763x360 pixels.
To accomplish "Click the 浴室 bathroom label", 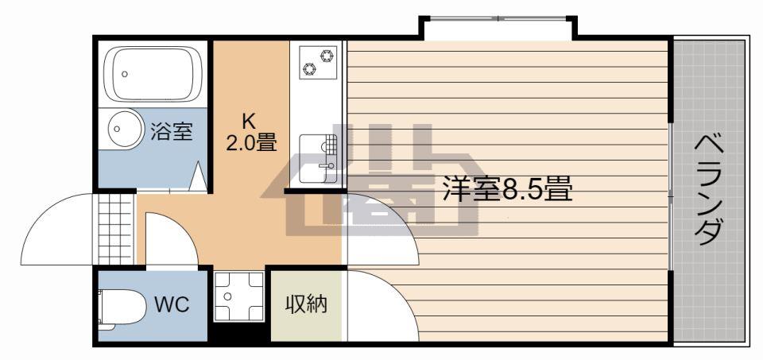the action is tap(172, 131).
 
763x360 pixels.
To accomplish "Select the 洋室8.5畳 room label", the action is tap(507, 189).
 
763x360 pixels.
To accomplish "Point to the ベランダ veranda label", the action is tap(707, 190).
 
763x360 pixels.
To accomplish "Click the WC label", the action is tap(172, 305).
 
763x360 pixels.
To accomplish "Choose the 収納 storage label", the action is tap(306, 304).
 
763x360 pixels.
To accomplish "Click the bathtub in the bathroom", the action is tap(153, 74).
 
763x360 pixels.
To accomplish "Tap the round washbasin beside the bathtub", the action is tap(126, 129).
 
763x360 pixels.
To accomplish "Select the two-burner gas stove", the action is tap(318, 62).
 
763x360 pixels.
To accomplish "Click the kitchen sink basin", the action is tap(317, 159).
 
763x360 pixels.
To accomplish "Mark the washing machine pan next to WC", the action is tap(239, 296).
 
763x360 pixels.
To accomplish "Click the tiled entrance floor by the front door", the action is tap(114, 229).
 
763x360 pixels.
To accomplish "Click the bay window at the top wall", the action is tap(498, 19).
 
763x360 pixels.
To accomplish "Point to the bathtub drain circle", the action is tap(125, 75).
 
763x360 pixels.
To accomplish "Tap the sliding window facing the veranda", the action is tap(671, 197).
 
